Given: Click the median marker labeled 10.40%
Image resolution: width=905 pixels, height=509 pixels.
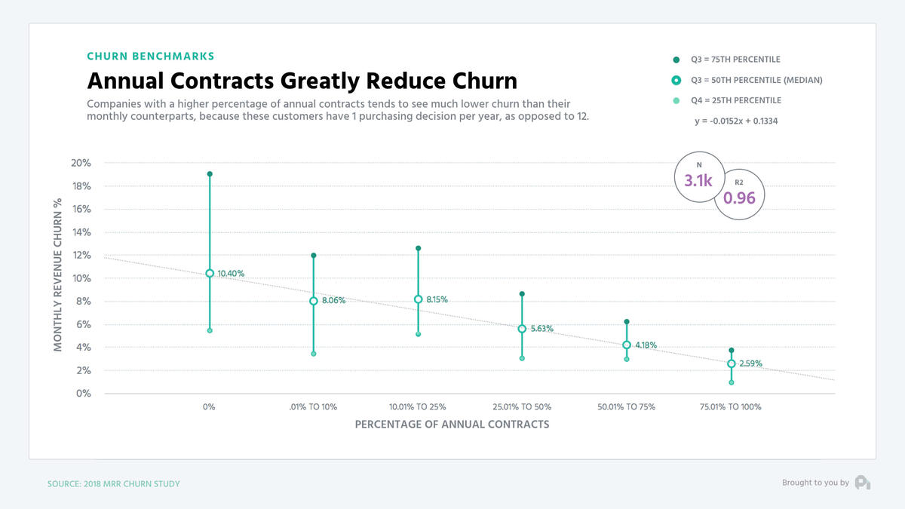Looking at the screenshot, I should tap(210, 273).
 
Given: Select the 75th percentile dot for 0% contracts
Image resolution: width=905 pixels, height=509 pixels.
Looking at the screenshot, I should tap(210, 174).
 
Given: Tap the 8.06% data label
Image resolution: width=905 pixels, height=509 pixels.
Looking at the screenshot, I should tap(333, 300).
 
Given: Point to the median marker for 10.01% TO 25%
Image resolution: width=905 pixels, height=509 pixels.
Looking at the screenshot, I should tap(418, 299).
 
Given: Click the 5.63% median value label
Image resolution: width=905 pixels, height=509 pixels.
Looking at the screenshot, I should tap(541, 329).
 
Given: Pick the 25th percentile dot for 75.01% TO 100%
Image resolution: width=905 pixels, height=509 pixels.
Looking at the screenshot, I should tap(731, 382).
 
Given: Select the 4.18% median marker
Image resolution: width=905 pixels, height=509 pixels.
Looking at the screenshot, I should tap(626, 345).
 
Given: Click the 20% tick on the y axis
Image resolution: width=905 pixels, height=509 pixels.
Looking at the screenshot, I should tap(81, 163).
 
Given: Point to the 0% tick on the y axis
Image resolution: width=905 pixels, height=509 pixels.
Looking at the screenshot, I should tap(84, 394).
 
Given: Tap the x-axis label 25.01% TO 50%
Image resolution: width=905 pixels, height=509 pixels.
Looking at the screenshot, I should tap(522, 407).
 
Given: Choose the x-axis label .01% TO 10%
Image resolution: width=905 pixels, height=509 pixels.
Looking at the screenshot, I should tap(313, 407).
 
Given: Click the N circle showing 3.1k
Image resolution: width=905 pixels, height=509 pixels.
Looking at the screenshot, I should tap(698, 177).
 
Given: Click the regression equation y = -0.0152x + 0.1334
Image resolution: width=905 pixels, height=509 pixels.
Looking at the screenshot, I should tap(735, 121).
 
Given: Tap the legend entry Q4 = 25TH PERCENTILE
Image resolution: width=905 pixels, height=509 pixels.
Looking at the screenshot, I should tap(735, 100).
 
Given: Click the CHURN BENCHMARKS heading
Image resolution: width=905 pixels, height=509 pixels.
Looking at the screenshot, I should tap(151, 57).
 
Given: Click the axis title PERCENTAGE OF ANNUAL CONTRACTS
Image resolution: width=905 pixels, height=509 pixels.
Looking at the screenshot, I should tap(452, 424).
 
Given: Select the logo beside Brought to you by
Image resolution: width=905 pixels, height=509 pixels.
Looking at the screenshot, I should tap(863, 483).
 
